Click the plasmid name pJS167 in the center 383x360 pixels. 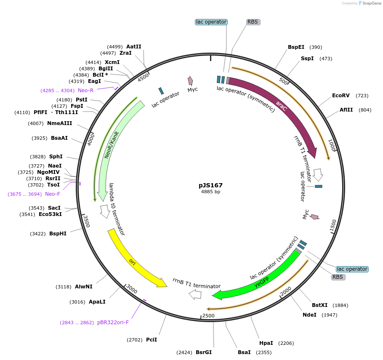(210, 185)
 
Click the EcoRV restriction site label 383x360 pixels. (340, 96)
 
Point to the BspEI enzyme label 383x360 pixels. (296, 47)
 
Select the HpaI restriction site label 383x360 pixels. (266, 343)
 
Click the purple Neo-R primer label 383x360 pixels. (85, 90)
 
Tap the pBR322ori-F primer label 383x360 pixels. (113, 323)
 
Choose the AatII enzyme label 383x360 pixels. (133, 47)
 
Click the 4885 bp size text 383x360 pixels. (210, 192)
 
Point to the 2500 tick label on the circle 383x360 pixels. (208, 315)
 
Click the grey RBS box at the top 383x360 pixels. (253, 22)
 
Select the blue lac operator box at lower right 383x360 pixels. (352, 269)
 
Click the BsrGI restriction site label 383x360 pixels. (204, 352)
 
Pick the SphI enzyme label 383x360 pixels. (56, 157)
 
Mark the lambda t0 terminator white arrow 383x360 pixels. (104, 211)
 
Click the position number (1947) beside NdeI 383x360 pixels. (329, 315)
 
